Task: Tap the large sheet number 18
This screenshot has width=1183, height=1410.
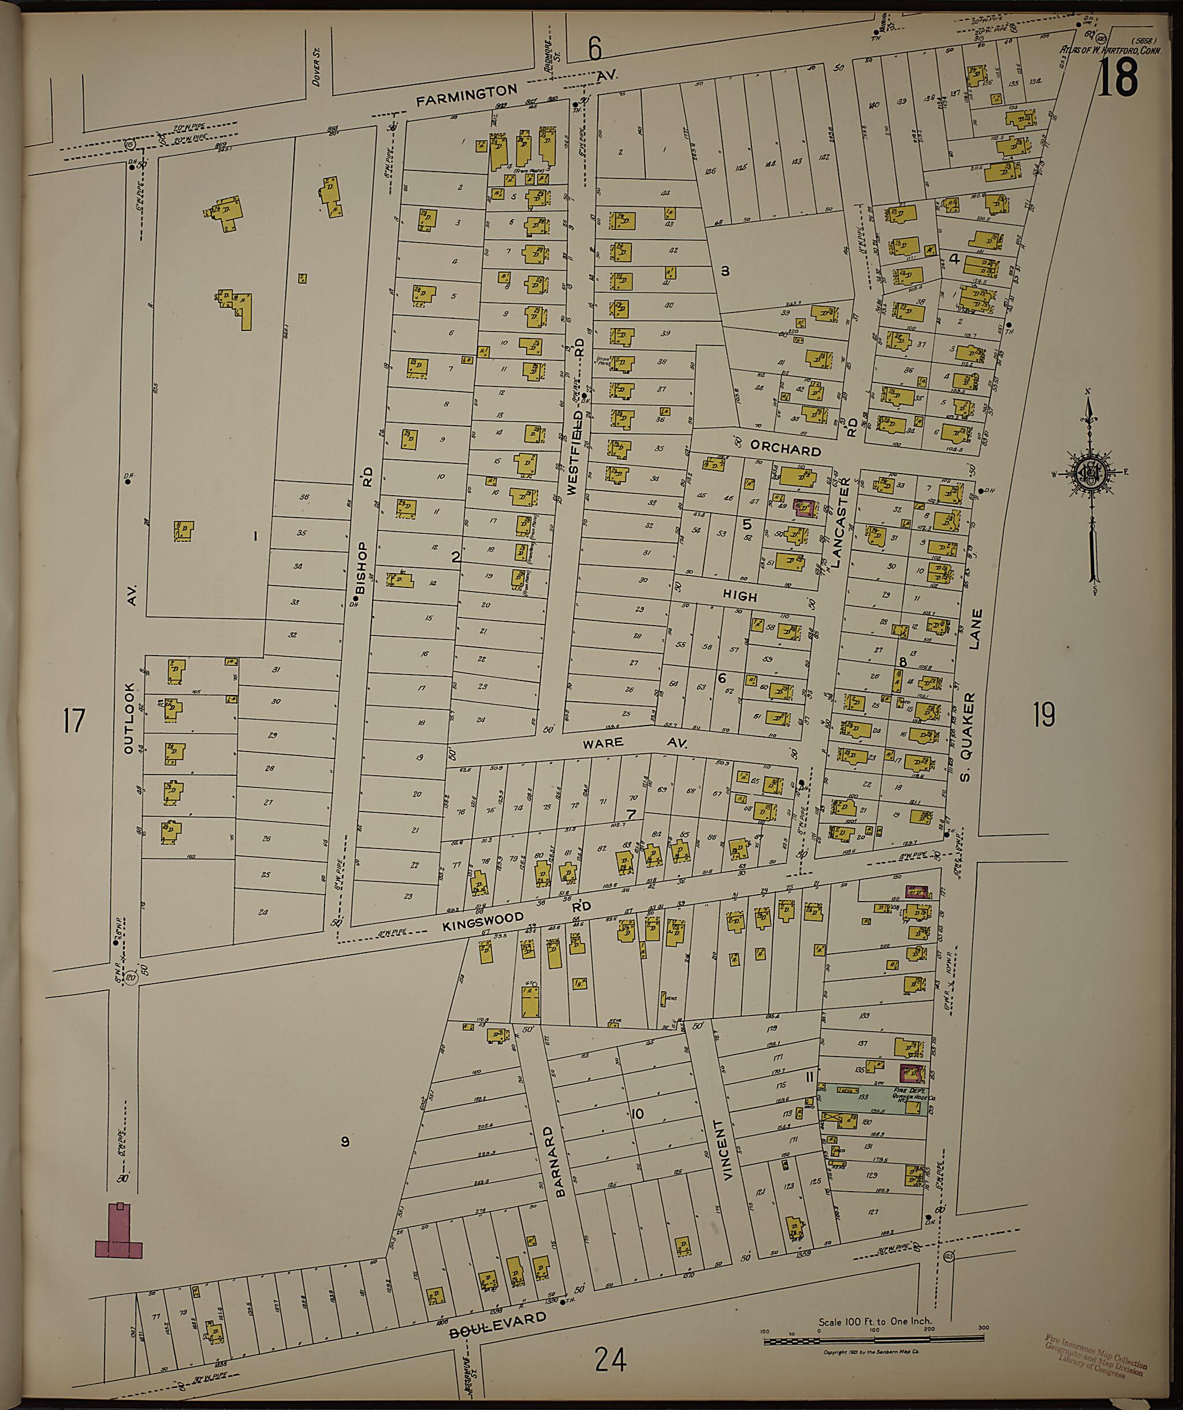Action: (1117, 78)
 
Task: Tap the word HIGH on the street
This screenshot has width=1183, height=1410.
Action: (740, 596)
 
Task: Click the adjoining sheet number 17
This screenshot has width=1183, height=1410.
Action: (74, 720)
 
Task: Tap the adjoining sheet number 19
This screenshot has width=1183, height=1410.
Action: (1043, 715)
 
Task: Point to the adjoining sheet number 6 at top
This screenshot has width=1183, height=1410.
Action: (594, 49)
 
